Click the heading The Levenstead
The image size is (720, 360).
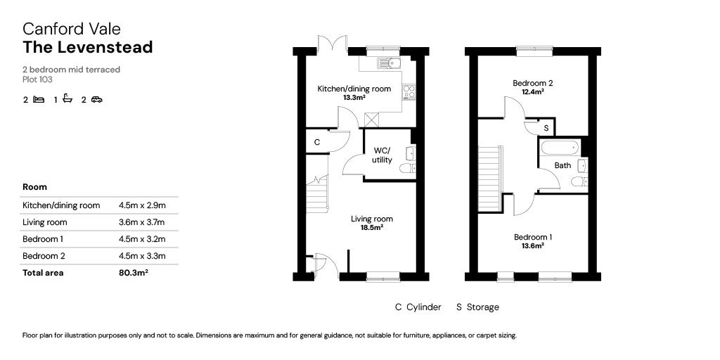click(x=88, y=47)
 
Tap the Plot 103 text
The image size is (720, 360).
click(x=38, y=79)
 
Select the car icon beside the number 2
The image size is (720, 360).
click(x=97, y=99)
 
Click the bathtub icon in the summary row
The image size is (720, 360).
click(x=67, y=98)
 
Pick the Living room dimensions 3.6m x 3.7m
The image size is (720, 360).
click(x=141, y=222)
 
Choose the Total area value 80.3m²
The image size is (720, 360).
click(x=133, y=273)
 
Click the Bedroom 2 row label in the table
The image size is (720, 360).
click(x=44, y=256)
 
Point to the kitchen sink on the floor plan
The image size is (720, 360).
click(x=388, y=63)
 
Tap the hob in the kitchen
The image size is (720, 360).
click(x=409, y=92)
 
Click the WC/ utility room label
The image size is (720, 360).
click(x=382, y=155)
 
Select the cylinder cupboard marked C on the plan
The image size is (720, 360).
click(x=317, y=142)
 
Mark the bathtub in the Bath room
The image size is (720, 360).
click(x=560, y=148)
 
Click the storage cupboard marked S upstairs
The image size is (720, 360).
click(x=546, y=128)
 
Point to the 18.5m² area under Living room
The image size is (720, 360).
click(x=373, y=227)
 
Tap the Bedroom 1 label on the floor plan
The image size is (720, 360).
click(x=533, y=238)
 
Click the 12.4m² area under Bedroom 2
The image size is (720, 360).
click(x=533, y=91)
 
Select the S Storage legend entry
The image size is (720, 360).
click(x=477, y=307)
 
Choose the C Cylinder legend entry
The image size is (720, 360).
click(x=418, y=307)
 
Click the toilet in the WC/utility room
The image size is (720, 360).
click(x=407, y=169)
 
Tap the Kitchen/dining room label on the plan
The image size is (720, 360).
click(x=354, y=89)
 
